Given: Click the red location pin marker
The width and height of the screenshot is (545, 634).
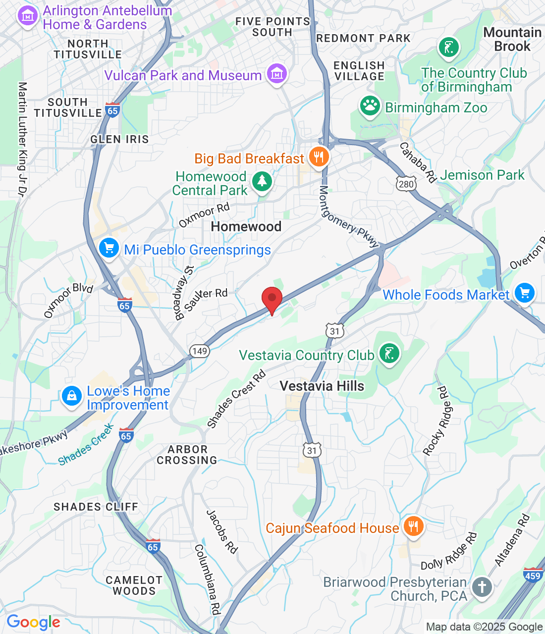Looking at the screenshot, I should pos(272,299).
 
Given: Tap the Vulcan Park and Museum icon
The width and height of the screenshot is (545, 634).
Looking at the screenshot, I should pos(276,74).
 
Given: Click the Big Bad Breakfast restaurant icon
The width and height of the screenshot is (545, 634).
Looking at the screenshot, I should pos(319,158).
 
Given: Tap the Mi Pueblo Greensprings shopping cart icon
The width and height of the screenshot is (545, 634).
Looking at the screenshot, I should pos(109,248).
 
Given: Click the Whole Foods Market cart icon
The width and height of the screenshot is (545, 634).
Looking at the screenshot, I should pos(524,293).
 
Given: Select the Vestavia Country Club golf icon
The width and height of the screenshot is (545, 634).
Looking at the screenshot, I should pos(389,354).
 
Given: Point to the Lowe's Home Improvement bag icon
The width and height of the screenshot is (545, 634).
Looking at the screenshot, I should pos(72,396).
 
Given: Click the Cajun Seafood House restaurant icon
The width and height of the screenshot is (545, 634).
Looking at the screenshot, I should pos(413,527).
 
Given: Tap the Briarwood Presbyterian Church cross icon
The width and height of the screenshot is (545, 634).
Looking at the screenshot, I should pos(482,587).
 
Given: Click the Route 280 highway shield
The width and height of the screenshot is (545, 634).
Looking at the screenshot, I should pos(406,184).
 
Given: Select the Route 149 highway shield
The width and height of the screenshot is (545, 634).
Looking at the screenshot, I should pos(199,351).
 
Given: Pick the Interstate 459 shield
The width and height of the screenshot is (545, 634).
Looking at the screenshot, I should pos(533,575).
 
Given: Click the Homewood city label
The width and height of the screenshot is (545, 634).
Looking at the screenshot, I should pos(246,227).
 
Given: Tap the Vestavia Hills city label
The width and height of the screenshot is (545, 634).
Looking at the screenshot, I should pos(322,386).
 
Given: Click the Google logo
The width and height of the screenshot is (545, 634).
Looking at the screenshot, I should pos(33,622).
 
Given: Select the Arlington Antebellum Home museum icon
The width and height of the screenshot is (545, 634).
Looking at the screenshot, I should pos(28,16).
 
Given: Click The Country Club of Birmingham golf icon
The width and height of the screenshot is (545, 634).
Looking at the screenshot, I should pos(449,48).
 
